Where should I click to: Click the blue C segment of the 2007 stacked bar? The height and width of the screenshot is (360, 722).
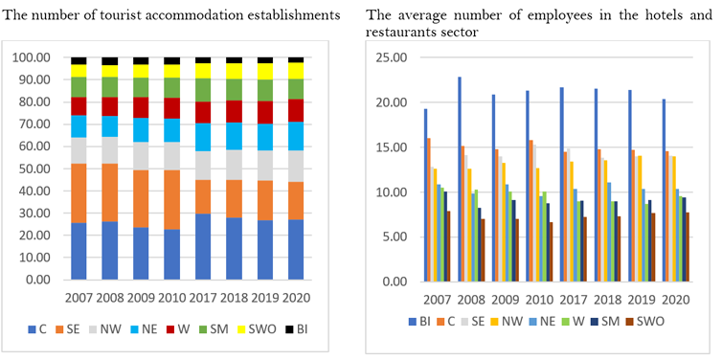coord(79,251)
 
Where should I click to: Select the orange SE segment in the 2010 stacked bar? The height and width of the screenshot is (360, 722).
coord(172,200)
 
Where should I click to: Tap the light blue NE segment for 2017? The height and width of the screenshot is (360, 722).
coord(203,137)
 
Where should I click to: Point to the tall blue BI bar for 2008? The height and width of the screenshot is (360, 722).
coord(460,179)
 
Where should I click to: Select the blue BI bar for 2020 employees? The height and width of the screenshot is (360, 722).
coord(665,191)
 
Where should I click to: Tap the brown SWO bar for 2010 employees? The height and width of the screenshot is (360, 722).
coord(552,252)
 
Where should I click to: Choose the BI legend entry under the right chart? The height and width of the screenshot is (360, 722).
coord(420,322)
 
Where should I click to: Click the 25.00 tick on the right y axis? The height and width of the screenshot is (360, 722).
coord(395,57)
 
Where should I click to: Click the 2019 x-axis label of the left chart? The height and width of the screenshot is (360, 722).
coord(265,298)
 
